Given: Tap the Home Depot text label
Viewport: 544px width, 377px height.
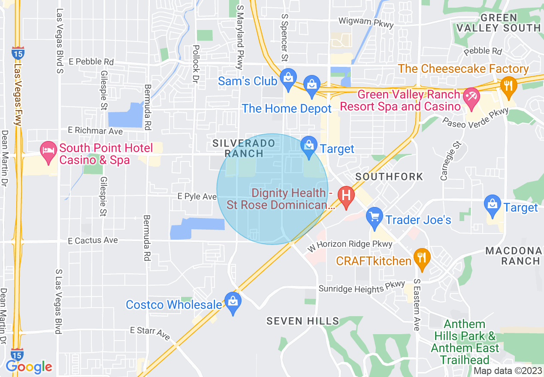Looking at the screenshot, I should (x=287, y=108).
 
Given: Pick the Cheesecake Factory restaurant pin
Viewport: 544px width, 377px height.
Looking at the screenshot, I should (x=508, y=85).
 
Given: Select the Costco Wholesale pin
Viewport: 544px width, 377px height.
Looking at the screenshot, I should (x=233, y=302).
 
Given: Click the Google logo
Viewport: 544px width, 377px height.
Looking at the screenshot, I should (x=29, y=367).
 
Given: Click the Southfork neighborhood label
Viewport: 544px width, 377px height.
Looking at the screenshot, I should (x=389, y=177).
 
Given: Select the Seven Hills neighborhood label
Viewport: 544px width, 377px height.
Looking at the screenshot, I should (x=302, y=321).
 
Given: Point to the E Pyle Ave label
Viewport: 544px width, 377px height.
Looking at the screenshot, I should (x=197, y=196).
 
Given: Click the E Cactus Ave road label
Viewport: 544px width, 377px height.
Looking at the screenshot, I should (x=93, y=241).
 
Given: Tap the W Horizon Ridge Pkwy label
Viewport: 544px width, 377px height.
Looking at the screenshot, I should (x=350, y=245).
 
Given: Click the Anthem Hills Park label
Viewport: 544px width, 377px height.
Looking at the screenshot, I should (x=465, y=342).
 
